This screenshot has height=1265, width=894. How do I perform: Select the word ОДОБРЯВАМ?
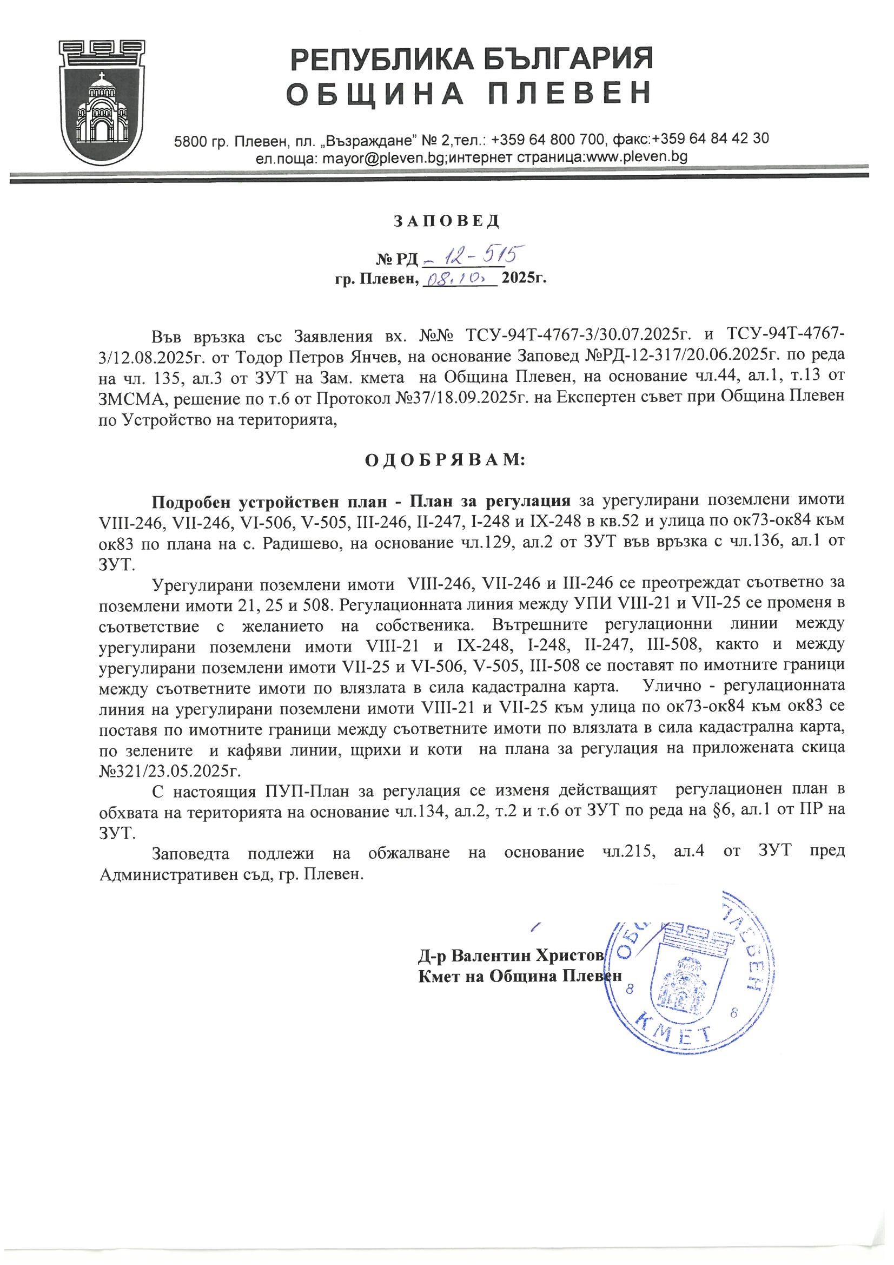(446, 459)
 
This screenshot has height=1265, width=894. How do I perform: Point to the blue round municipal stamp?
(686, 967)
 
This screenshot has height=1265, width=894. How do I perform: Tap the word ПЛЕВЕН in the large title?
(570, 93)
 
